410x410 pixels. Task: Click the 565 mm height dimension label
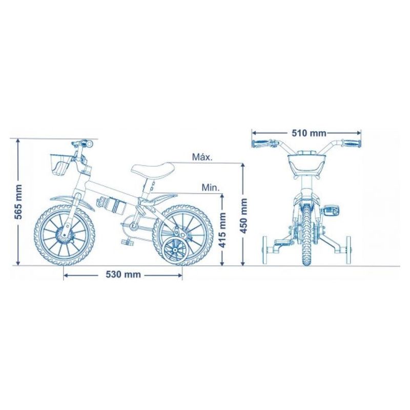tap(19, 202)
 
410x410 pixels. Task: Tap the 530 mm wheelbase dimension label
tap(123, 274)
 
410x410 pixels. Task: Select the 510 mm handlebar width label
tap(309, 133)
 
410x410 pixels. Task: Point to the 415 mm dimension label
tap(222, 230)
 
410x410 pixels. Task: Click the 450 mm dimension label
tap(243, 216)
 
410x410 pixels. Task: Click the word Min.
tap(211, 188)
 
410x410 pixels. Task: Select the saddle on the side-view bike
tap(152, 170)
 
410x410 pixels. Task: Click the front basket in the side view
tap(61, 165)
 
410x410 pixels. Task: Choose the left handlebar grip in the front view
tap(261, 143)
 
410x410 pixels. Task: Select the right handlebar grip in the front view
tap(352, 143)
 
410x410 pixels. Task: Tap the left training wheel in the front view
tap(265, 250)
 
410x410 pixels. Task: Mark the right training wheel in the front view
tap(348, 250)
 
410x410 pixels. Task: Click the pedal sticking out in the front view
tap(332, 211)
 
